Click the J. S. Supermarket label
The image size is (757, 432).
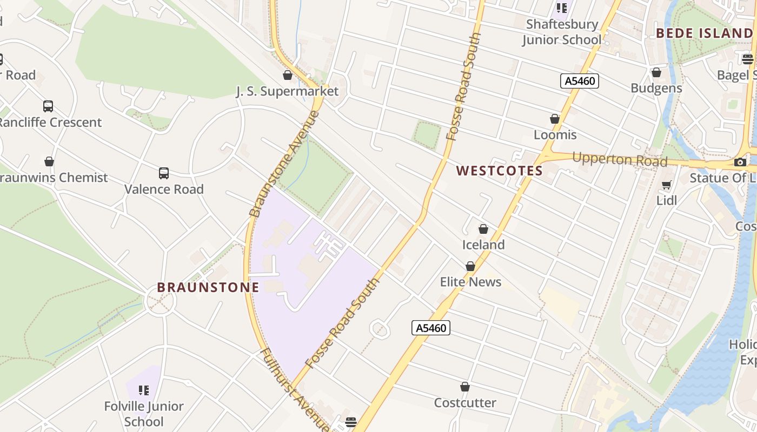tap(287, 91)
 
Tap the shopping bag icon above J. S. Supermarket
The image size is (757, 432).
tap(288, 75)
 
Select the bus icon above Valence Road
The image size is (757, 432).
tap(164, 173)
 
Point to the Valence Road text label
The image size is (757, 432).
tap(164, 189)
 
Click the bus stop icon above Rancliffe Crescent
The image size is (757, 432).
tap(48, 106)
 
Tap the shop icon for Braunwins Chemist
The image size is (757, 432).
tap(49, 161)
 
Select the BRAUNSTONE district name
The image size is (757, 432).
tap(208, 287)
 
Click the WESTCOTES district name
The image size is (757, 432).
tap(499, 171)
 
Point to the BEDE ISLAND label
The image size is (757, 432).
tap(704, 33)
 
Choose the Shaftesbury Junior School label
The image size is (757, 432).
tap(562, 32)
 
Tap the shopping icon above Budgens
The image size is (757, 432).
tap(656, 72)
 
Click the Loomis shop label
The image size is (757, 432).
tap(555, 134)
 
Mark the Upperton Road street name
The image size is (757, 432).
tap(619, 160)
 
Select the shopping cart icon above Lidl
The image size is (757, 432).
tap(667, 185)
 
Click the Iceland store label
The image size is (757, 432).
tap(483, 245)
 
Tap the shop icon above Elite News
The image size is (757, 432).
tap(470, 266)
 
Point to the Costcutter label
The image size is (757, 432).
tap(465, 403)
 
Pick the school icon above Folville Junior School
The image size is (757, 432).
tap(144, 390)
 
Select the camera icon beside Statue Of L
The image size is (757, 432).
tap(740, 162)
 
